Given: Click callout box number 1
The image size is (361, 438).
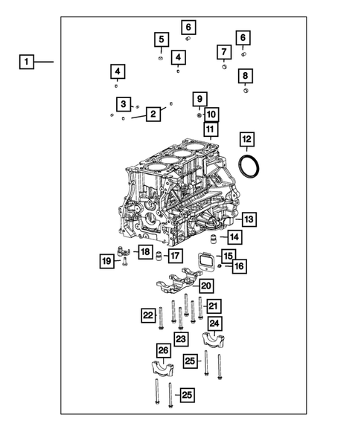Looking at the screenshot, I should click(26, 62).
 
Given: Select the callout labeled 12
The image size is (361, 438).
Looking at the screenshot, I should click(246, 139).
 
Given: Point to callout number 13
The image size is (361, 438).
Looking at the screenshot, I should click(248, 219).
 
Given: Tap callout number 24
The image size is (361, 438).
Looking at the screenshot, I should click(214, 323).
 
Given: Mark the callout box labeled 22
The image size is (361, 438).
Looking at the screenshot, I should click(147, 316).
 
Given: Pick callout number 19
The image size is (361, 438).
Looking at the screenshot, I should click(107, 260).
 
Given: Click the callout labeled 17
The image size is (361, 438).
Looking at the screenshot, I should click(174, 257).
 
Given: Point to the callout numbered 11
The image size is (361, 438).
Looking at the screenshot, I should click(210, 131).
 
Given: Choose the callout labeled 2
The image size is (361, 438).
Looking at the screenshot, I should click(153, 114).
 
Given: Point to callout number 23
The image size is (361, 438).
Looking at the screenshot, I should click(181, 338).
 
